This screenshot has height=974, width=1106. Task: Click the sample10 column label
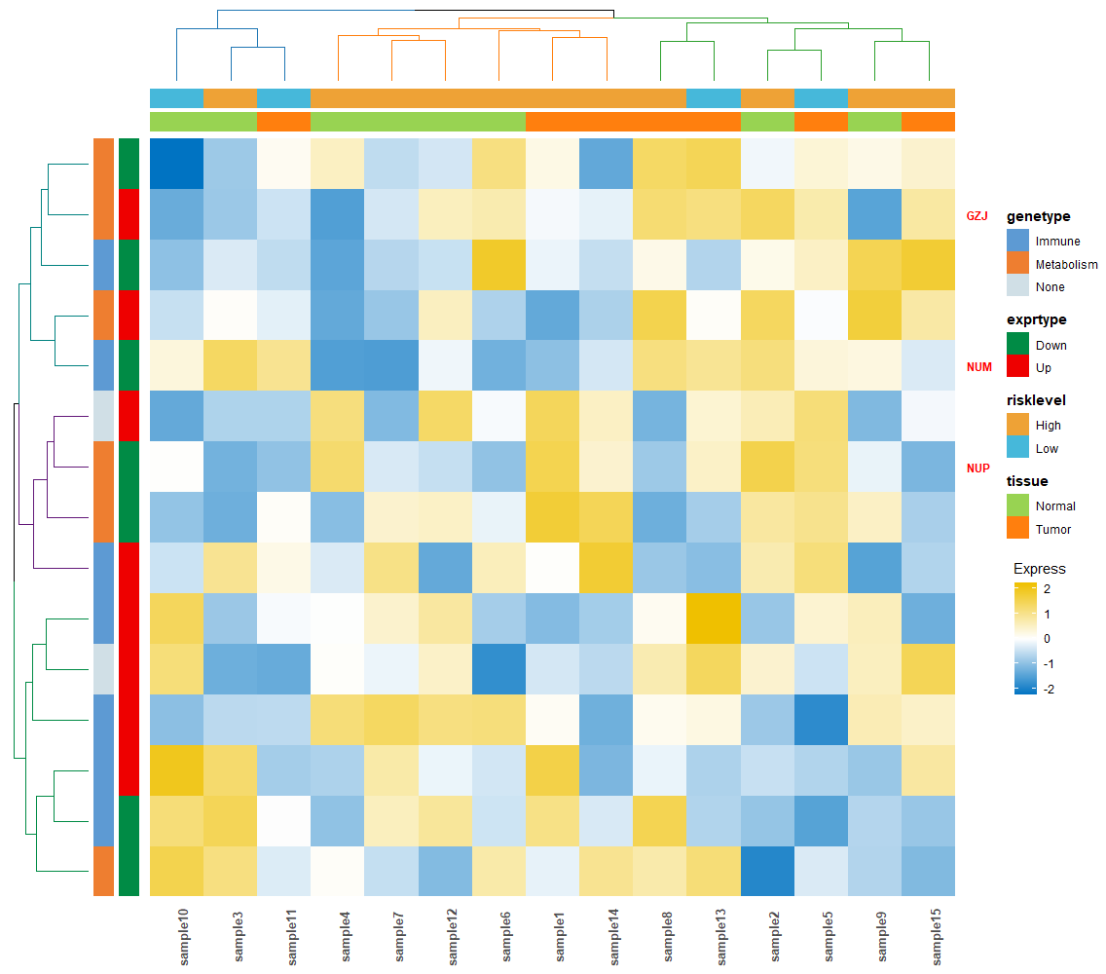click(x=183, y=937)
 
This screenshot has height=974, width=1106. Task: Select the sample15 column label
click(x=936, y=937)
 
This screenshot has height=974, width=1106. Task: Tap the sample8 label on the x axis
click(x=667, y=937)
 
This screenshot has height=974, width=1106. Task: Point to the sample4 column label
click(x=345, y=937)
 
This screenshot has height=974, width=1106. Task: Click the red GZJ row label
click(x=977, y=216)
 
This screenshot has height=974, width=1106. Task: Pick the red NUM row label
click(x=979, y=367)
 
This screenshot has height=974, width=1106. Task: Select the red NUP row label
click(x=978, y=468)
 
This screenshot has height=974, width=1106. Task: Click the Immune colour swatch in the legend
click(x=1017, y=240)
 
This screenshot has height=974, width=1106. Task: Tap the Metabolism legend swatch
click(x=1017, y=263)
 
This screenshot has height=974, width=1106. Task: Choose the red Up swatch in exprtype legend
click(x=1017, y=366)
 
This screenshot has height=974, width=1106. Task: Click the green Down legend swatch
click(x=1017, y=344)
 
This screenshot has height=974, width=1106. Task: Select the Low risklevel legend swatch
click(x=1017, y=447)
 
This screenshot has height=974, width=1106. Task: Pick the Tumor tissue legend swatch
click(x=1017, y=528)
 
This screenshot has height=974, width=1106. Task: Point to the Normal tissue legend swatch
click(x=1017, y=506)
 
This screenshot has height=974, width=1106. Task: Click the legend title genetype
click(x=1038, y=216)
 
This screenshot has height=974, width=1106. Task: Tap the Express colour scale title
click(x=1040, y=568)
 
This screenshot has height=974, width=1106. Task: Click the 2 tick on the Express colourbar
click(x=1047, y=588)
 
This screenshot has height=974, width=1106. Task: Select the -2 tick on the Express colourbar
click(x=1049, y=689)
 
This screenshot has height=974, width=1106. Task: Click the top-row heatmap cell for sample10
click(x=177, y=164)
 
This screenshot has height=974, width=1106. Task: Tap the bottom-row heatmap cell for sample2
click(x=767, y=871)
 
